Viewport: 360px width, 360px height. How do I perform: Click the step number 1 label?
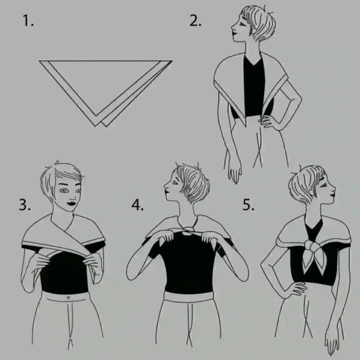coord(28,20)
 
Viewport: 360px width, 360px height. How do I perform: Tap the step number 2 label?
coord(195,20)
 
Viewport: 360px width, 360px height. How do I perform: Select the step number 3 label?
coord(25,205)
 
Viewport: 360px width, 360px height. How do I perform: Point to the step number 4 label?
coord(137,205)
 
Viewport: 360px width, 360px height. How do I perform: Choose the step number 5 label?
coord(248,205)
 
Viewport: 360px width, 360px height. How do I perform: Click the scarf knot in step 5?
coord(312,246)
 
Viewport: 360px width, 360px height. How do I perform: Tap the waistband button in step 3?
coord(68,298)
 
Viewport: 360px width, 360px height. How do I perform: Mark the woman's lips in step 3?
coord(71,204)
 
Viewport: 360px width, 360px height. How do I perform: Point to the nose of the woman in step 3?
coord(73,198)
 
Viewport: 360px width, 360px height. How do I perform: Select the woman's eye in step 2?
coord(242,24)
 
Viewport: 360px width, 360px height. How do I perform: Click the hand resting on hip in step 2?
coord(268,121)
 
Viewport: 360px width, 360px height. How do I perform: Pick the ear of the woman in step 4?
coord(188,191)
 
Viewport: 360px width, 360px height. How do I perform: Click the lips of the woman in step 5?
coord(333,194)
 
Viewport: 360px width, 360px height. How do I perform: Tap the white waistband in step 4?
coord(188,296)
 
